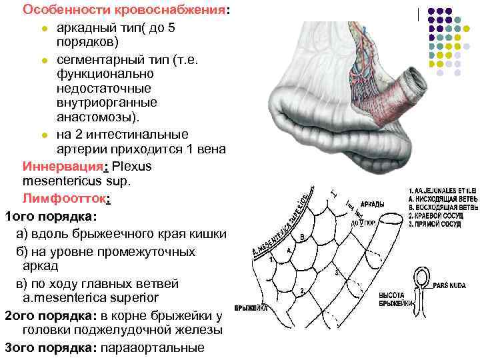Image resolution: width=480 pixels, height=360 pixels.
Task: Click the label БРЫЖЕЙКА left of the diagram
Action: coord(251,309)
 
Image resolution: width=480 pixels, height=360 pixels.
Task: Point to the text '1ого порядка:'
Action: coord(51,217)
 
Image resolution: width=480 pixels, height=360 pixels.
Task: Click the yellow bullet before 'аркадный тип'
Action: coord(43,29)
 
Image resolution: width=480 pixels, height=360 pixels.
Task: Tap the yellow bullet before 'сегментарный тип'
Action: coord(43,61)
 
